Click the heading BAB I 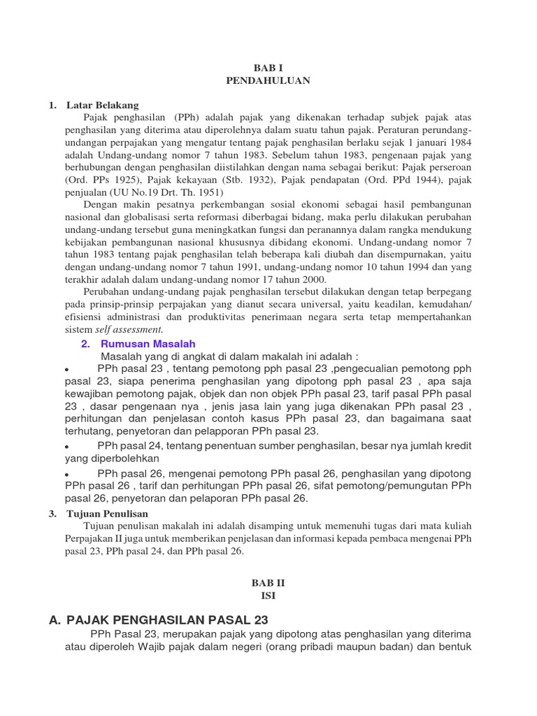tap(268, 67)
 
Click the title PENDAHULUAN tap(268, 80)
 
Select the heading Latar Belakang tap(103, 105)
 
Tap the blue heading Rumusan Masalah tap(148, 343)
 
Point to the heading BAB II tap(268, 582)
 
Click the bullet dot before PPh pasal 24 tap(66, 447)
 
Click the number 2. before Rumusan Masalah tap(85, 343)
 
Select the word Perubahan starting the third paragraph tap(107, 291)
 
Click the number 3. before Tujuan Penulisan tap(52, 513)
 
